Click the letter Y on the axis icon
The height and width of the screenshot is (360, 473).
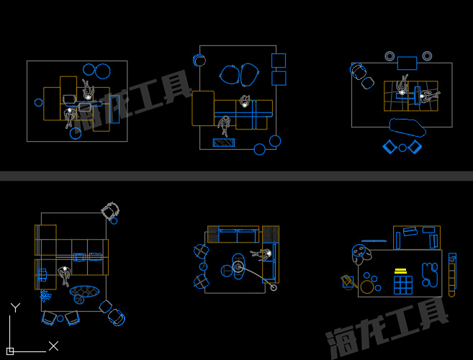[15, 307]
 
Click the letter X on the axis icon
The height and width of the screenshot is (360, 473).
[54, 346]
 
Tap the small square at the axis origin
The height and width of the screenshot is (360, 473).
[10, 351]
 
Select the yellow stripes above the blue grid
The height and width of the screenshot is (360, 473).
[400, 271]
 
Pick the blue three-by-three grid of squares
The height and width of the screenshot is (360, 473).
[403, 285]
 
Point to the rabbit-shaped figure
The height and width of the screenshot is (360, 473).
[361, 254]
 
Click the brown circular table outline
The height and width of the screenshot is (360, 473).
[367, 287]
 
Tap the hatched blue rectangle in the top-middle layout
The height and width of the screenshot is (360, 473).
[223, 143]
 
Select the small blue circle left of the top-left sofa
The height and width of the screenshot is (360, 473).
[39, 102]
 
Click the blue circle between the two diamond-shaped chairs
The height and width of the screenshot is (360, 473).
[402, 148]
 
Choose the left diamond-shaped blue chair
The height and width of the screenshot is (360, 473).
[389, 147]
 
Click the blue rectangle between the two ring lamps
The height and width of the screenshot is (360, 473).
[407, 63]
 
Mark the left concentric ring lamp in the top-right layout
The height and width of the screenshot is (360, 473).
[389, 56]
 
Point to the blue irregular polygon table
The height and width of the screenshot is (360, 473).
[407, 127]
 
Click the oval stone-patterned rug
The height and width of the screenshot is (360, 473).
[84, 292]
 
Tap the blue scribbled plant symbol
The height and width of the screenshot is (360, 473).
[45, 296]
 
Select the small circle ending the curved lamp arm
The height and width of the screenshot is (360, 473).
[274, 287]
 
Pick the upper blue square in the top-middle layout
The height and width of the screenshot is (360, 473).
[279, 60]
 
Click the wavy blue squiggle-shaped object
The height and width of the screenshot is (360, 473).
[430, 274]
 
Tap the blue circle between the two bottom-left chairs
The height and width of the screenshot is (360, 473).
[60, 318]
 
